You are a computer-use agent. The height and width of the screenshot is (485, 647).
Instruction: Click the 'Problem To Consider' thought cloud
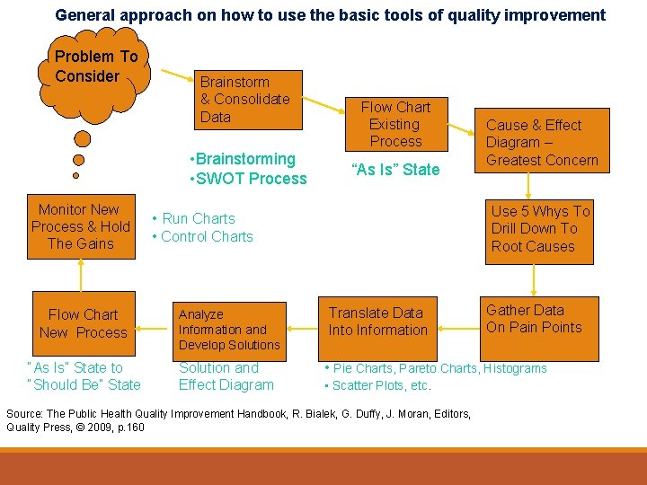pyautogui.click(x=95, y=66)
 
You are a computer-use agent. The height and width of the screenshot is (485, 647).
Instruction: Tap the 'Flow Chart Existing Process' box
pyautogui.click(x=395, y=124)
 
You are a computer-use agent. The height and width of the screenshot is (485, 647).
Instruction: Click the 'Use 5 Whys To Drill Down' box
pyautogui.click(x=540, y=229)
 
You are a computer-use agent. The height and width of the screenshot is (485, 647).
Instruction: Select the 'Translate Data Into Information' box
pyautogui.click(x=377, y=322)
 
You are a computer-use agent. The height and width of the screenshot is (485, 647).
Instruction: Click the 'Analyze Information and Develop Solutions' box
pyautogui.click(x=229, y=330)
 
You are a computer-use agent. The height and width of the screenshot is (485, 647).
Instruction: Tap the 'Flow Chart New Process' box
pyautogui.click(x=83, y=323)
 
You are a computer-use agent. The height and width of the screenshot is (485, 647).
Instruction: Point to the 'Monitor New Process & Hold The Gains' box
pyautogui.click(x=81, y=226)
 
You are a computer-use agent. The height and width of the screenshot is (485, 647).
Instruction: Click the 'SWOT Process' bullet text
pyautogui.click(x=252, y=179)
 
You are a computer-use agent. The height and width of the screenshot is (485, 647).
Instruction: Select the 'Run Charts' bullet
pyautogui.click(x=198, y=218)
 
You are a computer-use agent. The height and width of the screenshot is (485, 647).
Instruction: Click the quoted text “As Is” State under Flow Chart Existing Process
pyautogui.click(x=395, y=170)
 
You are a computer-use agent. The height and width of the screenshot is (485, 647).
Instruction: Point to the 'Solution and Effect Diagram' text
pyautogui.click(x=226, y=376)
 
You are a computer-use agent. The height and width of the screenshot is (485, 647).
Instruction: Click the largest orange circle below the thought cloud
pyautogui.click(x=82, y=139)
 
